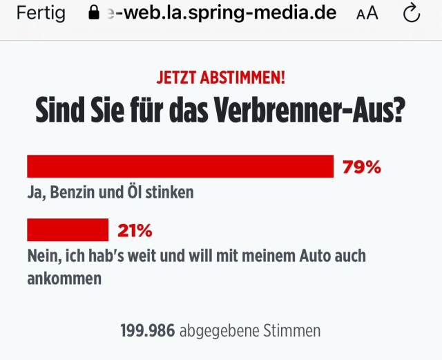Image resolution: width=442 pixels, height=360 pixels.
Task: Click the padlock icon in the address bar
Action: (x=95, y=13)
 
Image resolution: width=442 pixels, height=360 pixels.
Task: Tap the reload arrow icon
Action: (x=412, y=14)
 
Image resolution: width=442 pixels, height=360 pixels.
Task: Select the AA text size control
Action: (x=367, y=14)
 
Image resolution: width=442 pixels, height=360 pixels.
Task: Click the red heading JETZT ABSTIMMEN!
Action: (x=220, y=77)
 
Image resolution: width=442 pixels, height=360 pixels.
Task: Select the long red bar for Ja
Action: (x=180, y=167)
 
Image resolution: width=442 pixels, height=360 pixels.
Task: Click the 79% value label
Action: (x=362, y=167)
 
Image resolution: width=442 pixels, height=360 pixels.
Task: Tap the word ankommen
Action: (x=64, y=278)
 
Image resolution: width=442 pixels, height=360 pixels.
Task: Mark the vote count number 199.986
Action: (x=147, y=330)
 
